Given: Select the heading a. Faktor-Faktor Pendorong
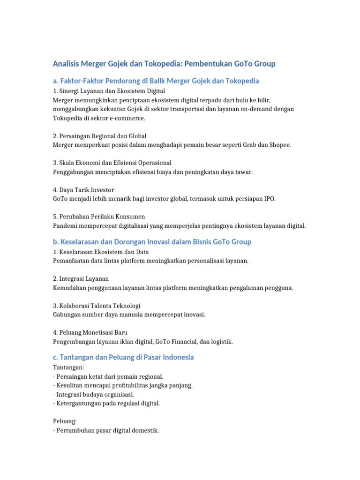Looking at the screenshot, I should coord(156,81).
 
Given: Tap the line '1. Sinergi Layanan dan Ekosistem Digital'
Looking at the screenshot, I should coord(109,90).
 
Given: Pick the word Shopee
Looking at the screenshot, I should coord(280,145).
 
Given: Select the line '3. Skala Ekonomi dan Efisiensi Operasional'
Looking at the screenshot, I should coord(112,163).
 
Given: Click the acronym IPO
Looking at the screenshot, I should coord(269,199).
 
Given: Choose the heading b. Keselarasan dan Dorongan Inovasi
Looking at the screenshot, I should coord(152,242).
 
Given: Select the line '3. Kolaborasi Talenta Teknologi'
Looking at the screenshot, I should coord(97,306).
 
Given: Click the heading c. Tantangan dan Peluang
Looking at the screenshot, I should coord(123,358).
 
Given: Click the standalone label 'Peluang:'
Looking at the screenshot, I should coord(65,421).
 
